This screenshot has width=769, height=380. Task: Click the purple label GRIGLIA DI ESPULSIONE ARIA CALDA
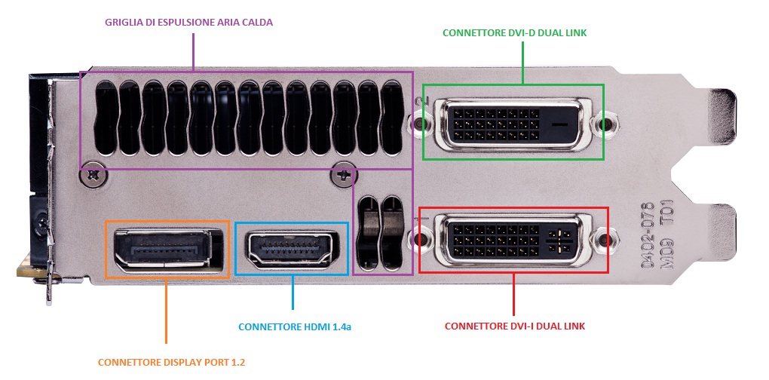coord(188,23)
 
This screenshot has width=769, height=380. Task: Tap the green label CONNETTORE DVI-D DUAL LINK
coord(514,33)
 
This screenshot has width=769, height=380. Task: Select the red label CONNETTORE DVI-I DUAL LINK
coord(514,326)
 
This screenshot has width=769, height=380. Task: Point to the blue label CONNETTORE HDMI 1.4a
coord(294,326)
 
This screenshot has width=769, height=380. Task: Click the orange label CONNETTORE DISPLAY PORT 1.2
coord(171,363)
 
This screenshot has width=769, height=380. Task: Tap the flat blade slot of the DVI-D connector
coord(562,124)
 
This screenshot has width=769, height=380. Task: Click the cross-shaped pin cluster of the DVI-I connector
coord(559,241)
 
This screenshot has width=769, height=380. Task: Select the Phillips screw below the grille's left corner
coord(93,174)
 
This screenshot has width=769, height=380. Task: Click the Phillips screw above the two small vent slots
coord(344,174)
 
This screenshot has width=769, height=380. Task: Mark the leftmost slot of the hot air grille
coord(106,118)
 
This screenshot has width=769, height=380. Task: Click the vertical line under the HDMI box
coord(293,292)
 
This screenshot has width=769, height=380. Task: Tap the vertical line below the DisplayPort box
coord(167,311)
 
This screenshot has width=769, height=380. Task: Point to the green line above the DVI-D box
coord(522,63)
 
